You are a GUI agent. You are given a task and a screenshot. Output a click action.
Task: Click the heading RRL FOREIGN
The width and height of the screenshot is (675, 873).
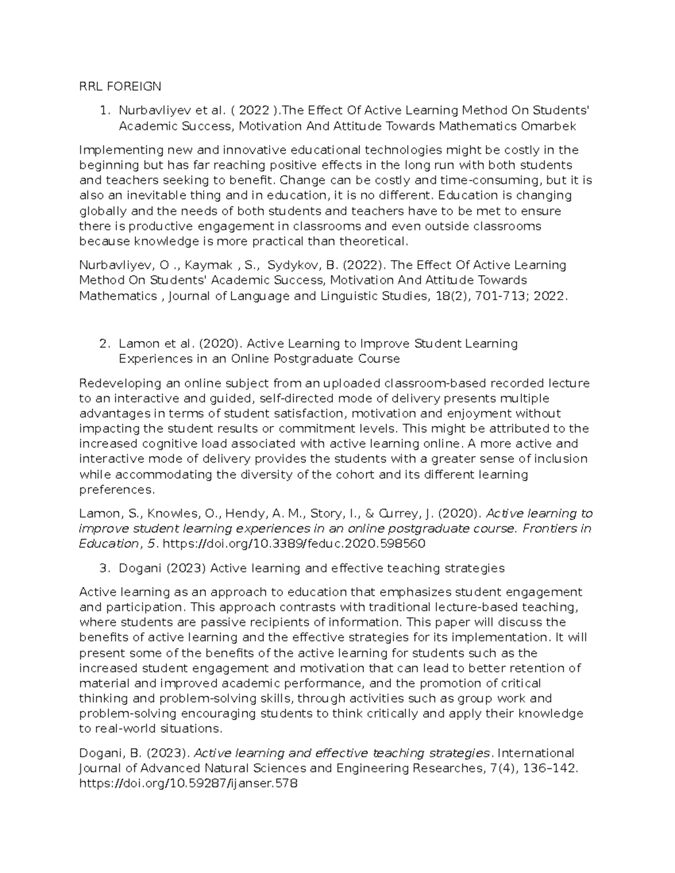point(120,86)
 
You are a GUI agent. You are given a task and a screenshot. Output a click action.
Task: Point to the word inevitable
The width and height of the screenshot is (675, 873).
point(141,196)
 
